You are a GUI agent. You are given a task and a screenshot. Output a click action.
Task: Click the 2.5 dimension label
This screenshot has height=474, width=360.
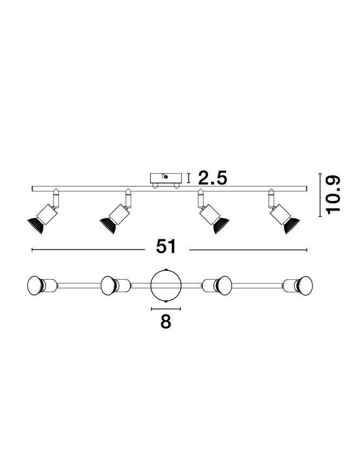point(212,178)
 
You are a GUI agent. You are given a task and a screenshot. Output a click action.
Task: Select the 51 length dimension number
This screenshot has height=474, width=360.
point(166,247)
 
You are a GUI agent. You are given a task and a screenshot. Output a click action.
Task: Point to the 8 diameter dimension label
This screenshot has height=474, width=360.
point(166,321)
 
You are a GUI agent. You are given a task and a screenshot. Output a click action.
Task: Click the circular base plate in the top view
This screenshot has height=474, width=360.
point(166,285)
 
